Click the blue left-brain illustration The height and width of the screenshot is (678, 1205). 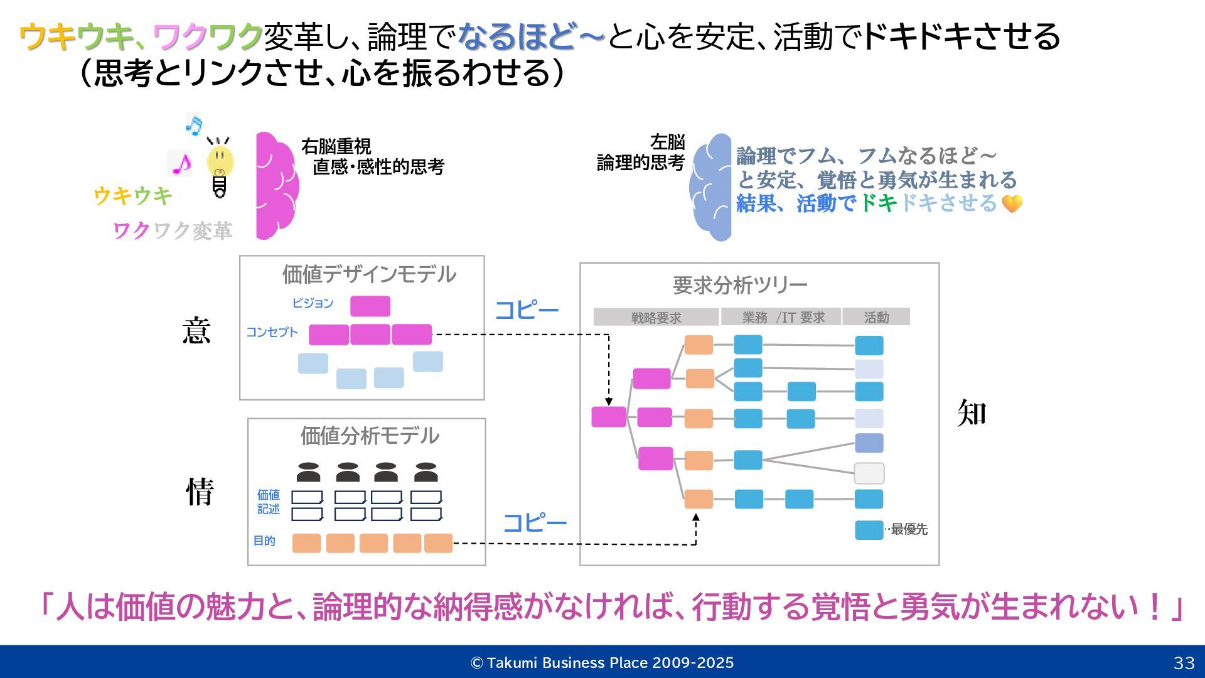711,187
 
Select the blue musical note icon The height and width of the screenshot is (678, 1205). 194,125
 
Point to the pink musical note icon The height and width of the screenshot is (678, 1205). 181,164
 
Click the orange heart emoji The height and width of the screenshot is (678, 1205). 1012,203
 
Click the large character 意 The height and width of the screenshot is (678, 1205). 196,331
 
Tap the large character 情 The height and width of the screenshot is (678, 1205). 200,492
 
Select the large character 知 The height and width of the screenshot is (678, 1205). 972,413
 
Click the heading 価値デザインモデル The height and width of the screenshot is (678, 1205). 368,274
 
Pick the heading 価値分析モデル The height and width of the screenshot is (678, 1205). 369,436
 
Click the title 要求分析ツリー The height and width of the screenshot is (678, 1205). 740,285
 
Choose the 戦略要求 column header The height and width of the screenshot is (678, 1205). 656,318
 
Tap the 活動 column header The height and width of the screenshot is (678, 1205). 876,318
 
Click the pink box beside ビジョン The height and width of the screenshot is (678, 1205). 370,306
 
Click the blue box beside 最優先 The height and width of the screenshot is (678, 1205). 869,530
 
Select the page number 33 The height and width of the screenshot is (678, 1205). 1184,663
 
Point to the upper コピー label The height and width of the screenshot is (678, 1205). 527,310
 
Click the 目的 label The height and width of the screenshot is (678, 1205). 264,541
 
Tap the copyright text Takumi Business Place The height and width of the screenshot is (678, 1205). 602,663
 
